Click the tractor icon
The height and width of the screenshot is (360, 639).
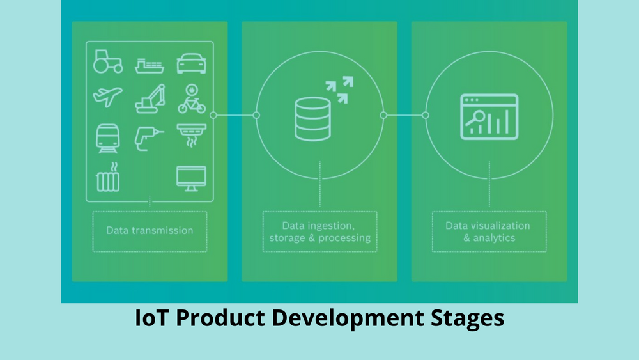(x=107, y=61)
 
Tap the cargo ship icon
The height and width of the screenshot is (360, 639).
(x=150, y=66)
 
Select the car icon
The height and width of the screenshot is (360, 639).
(x=191, y=63)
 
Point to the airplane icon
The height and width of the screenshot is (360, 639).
(x=107, y=97)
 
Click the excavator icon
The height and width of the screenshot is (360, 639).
(x=150, y=98)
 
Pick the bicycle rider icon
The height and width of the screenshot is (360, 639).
(x=192, y=98)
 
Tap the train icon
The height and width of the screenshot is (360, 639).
(x=107, y=139)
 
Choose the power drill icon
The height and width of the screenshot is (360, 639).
(x=149, y=139)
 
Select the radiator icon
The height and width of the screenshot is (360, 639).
(x=108, y=177)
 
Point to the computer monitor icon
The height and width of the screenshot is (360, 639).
(x=191, y=178)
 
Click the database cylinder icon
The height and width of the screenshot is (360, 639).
(x=313, y=119)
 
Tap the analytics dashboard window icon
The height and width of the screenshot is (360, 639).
(x=489, y=117)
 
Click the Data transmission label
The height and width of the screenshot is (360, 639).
(x=150, y=230)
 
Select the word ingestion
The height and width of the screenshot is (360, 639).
(x=330, y=226)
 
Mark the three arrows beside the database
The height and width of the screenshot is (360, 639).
(x=339, y=90)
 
